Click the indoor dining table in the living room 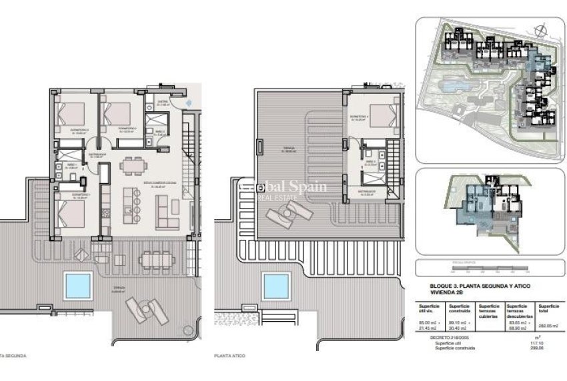(x=131, y=164)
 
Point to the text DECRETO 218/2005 (x=444, y=338)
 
